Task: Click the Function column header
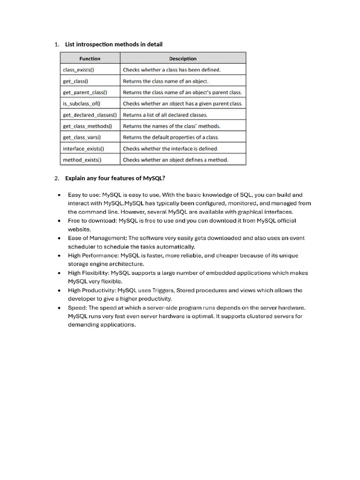pyautogui.click(x=90, y=59)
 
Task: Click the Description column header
pyautogui.click(x=183, y=59)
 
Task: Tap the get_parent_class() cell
pyautogui.click(x=85, y=92)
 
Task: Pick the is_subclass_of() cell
pyautogui.click(x=82, y=104)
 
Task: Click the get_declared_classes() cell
pyautogui.click(x=90, y=115)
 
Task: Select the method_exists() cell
pyautogui.click(x=82, y=160)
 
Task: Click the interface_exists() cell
pyautogui.click(x=83, y=149)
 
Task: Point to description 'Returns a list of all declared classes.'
pyautogui.click(x=165, y=115)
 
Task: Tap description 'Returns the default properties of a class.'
pyautogui.click(x=171, y=137)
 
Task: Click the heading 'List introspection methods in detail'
pyautogui.click(x=114, y=45)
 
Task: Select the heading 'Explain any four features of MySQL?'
pyautogui.click(x=115, y=178)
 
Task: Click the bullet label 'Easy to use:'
pyautogui.click(x=84, y=195)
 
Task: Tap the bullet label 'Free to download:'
pyautogui.click(x=92, y=220)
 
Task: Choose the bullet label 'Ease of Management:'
pyautogui.click(x=97, y=238)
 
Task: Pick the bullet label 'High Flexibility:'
pyautogui.click(x=89, y=273)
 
